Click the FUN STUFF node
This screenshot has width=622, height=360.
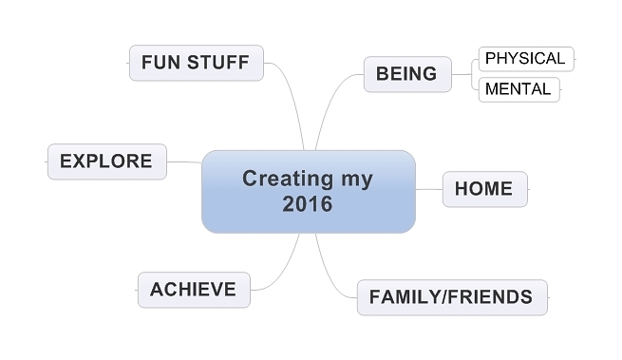coord(197,63)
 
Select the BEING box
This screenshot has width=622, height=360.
coord(407,74)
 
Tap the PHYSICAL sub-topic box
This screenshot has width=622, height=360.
coord(526,59)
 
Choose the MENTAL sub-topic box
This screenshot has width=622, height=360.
coord(518,89)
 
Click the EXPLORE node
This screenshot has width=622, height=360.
coord(107,161)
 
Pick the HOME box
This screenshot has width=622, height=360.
coord(484,189)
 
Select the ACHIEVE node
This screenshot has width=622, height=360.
coord(194,290)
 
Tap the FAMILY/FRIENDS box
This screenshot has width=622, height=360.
coord(452,297)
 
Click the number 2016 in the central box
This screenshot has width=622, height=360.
coord(308,204)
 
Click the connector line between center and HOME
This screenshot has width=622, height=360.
coord(429,189)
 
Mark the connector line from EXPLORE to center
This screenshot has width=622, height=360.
coord(184,161)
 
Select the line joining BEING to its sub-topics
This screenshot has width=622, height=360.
coord(462,74)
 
